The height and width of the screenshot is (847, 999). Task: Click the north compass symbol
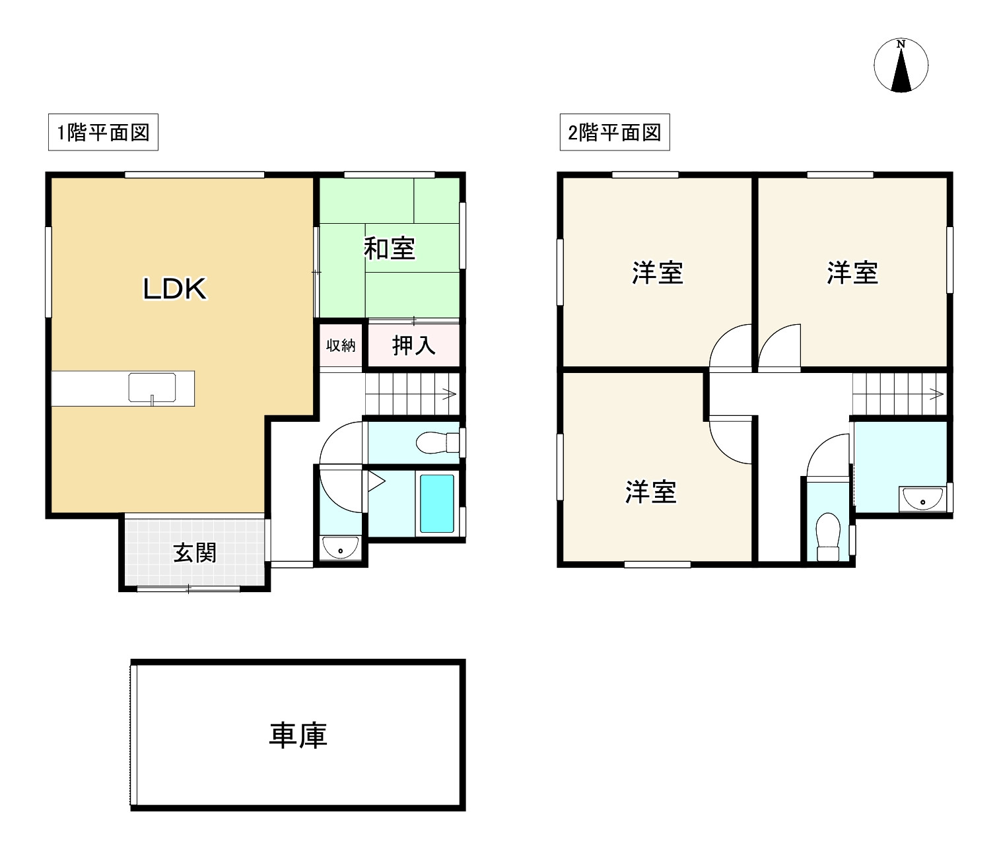coord(901,66)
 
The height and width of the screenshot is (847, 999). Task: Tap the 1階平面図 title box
coord(103,133)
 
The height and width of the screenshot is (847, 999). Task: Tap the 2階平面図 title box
coord(615,133)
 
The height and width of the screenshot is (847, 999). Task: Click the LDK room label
coord(175,289)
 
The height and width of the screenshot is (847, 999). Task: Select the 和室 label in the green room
coord(390,249)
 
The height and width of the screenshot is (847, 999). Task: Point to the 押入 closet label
coord(414,345)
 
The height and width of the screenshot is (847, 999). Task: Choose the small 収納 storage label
coord(341,345)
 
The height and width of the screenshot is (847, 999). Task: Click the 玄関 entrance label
coord(195,553)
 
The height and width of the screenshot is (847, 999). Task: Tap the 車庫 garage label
coord(298,735)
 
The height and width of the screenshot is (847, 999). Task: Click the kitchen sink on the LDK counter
coord(152,388)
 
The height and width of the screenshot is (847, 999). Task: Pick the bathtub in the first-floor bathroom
coord(437,503)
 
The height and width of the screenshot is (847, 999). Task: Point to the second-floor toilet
coord(827,535)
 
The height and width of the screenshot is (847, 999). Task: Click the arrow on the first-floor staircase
coord(449,395)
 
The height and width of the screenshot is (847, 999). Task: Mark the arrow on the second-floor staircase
coord(936,395)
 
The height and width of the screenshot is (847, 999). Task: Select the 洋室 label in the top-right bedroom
coord(852,273)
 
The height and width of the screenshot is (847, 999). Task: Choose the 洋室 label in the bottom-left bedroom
coord(651,492)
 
